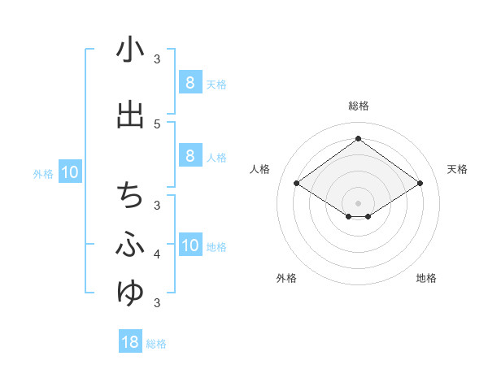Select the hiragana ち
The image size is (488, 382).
tap(130, 196)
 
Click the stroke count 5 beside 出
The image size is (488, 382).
tap(158, 124)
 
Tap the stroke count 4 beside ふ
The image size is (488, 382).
tap(158, 254)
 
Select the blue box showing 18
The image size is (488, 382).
tap(130, 342)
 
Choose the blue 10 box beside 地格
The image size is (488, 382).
tap(190, 245)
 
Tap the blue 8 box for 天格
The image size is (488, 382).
tap(190, 83)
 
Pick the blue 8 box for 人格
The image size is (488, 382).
tap(190, 156)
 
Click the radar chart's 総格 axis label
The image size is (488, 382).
tap(358, 106)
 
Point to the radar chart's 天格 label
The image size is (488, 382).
tap(457, 169)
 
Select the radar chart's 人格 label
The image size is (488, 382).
tap(260, 169)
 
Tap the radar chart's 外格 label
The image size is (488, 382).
tap(286, 278)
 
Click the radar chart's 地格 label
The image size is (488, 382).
tap(426, 278)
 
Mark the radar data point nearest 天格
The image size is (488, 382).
tap(420, 184)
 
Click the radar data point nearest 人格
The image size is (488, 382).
tap(296, 184)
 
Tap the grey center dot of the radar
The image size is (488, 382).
tap(358, 202)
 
